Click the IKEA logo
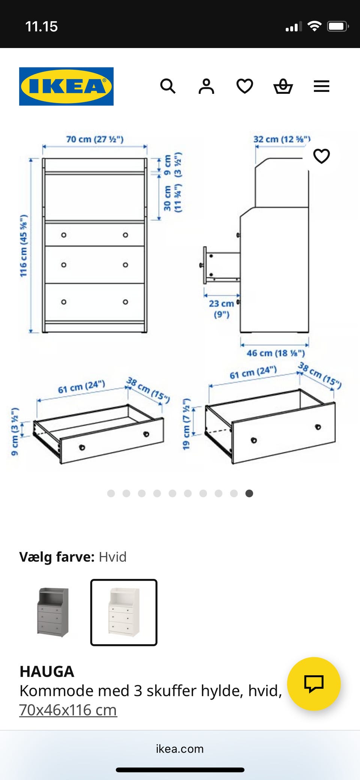coord(66,86)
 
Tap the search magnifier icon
coord(168,86)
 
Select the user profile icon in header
coord(206,86)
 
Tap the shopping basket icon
coord(283,86)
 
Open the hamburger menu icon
coord(321,86)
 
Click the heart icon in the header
coord(245,86)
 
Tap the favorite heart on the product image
coord(321,156)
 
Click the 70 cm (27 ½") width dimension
coord(94,139)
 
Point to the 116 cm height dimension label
coord(24,246)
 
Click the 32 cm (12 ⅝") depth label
coord(282,139)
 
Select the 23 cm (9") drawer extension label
coord(221,308)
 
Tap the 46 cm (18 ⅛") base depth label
coord(276,353)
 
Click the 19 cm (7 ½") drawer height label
coord(186,424)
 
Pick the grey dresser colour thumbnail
coord(53,612)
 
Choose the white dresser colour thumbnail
coord(124,612)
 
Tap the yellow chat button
coord(313,684)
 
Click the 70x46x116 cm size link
coord(68,710)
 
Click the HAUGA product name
coord(47,671)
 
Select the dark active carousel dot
coord(249,493)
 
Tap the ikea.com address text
coord(180,749)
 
